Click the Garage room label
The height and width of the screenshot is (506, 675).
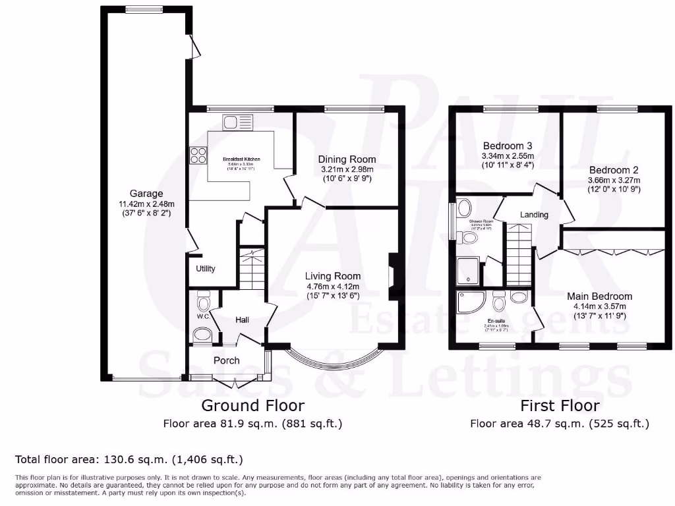coord(146,194)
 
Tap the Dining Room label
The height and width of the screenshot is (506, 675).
coord(347,159)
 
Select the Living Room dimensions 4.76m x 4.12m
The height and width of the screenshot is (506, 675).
coord(332,287)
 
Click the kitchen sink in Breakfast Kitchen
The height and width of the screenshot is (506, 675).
coord(238,122)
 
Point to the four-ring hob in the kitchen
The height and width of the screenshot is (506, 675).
coord(198,155)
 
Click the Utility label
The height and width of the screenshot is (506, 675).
coord(206,269)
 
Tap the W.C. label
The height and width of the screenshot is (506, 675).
coord(202,317)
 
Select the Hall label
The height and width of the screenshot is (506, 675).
coord(242,320)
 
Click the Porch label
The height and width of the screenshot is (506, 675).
coord(226,360)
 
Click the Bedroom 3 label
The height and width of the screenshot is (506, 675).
coord(508,146)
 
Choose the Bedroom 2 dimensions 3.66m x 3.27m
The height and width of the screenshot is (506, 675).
coord(614,180)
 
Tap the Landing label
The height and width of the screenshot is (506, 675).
coord(534,215)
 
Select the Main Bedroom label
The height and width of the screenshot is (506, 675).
coord(599,296)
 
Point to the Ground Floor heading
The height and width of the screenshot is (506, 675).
coord(252,405)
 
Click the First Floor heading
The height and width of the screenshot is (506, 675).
coord(560,405)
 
